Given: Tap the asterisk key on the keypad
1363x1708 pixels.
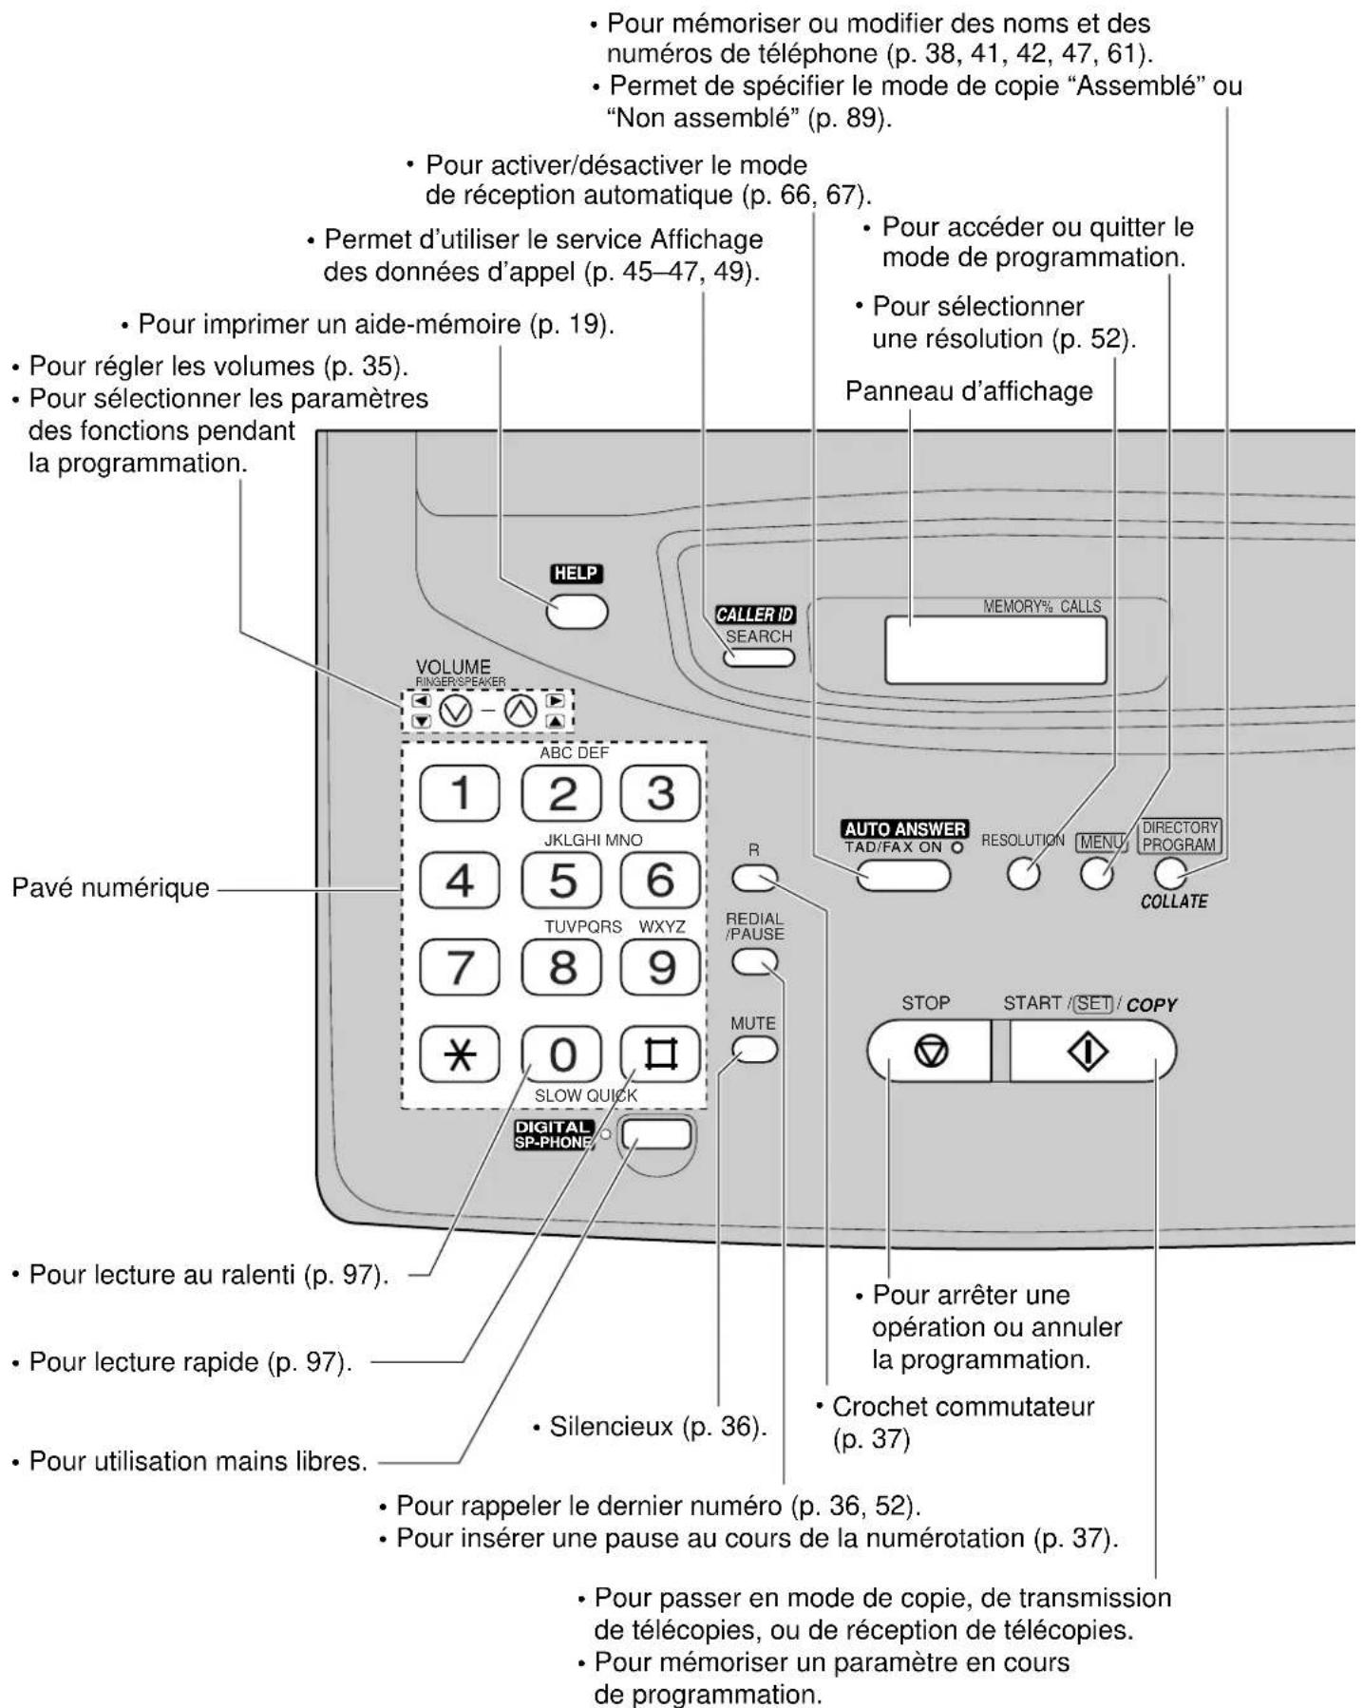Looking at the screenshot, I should (460, 1055).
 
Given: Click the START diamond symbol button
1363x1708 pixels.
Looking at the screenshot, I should (1089, 1052).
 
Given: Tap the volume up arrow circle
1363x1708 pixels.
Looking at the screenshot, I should (520, 710).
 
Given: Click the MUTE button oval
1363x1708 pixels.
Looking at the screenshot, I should (754, 1049).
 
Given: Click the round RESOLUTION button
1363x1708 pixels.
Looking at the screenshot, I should (1023, 873).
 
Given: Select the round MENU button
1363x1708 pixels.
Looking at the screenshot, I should (1097, 873).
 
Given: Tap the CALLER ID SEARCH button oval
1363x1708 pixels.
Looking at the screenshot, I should (758, 656).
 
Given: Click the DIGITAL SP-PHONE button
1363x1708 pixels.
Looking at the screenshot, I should (656, 1134).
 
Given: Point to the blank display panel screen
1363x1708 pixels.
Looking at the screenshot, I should (994, 650).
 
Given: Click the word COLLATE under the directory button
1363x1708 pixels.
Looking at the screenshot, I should (1173, 901).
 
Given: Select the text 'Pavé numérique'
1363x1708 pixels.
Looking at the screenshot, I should (110, 888).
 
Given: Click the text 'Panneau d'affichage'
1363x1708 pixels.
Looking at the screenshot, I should (969, 391).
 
